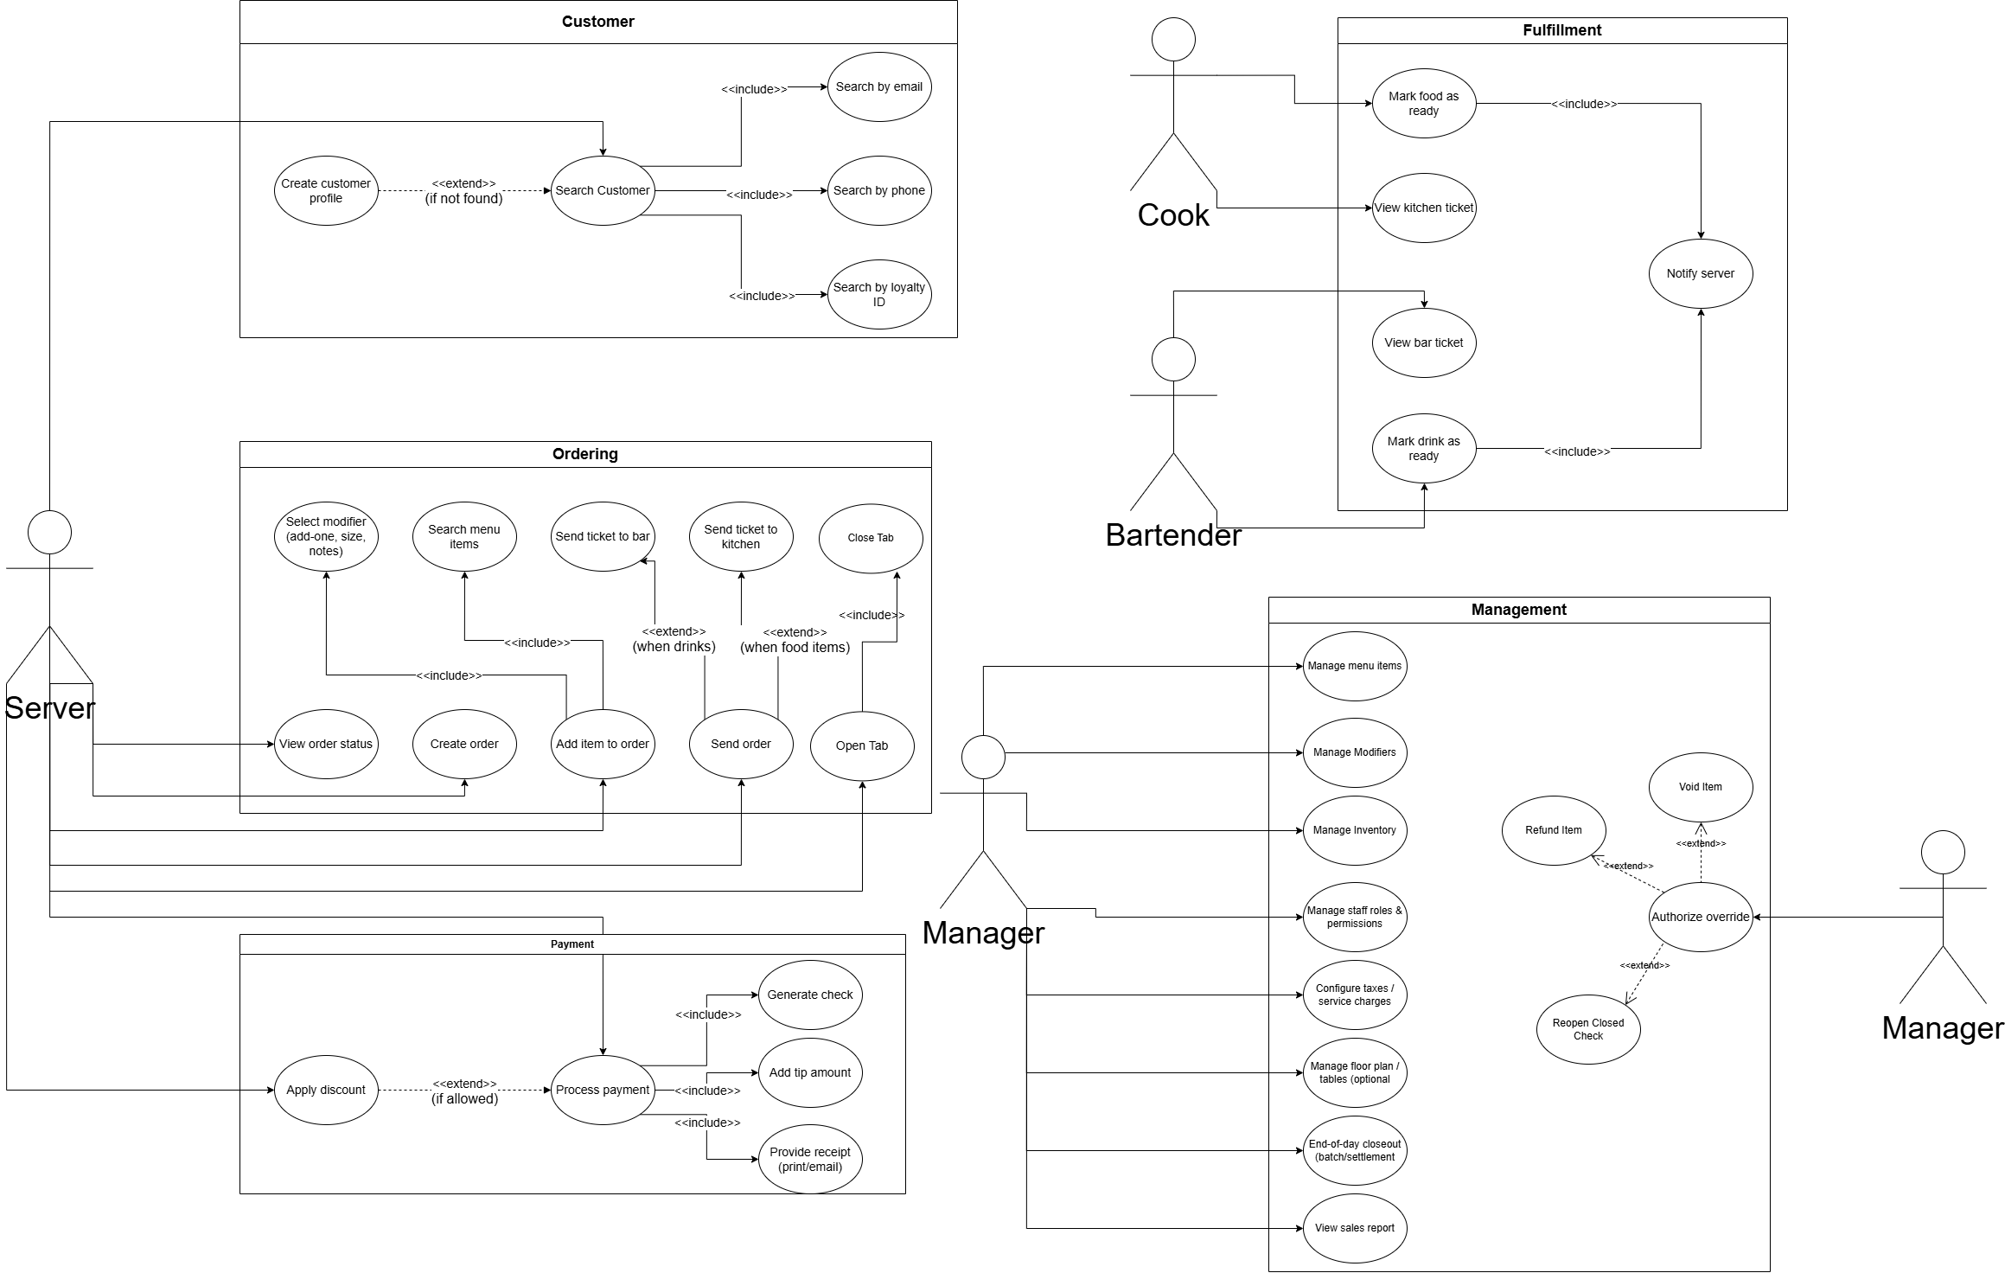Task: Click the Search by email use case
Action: pos(878,86)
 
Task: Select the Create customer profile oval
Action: pos(326,190)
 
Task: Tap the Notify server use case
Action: pos(1700,273)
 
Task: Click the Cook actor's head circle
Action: pos(1173,39)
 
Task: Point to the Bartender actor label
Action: pos(1172,535)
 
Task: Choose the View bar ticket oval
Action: pos(1423,342)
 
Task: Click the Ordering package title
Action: pos(584,454)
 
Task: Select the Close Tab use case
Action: pos(870,538)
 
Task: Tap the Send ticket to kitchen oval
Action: pos(740,536)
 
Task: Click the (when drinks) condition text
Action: pos(674,647)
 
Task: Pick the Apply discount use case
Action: pos(326,1090)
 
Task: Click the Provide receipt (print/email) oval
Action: pos(809,1159)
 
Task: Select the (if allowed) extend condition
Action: pos(464,1099)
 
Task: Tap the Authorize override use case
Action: pos(1700,917)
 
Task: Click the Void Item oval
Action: pos(1700,787)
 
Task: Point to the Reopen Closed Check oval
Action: pos(1587,1029)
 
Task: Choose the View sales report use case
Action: pos(1354,1228)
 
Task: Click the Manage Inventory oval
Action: pos(1354,830)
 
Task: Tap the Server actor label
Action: pos(50,708)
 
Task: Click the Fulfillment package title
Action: pos(1561,30)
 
